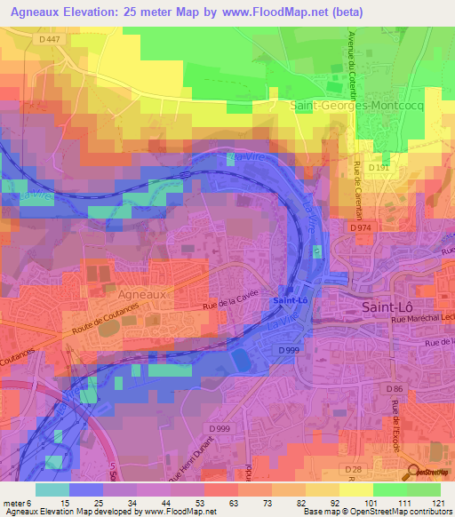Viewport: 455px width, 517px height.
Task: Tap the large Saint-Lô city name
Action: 387,306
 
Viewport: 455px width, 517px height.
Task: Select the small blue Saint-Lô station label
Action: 291,300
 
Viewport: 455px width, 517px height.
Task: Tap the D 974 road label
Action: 359,228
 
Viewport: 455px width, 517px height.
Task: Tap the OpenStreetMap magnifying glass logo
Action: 413,473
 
